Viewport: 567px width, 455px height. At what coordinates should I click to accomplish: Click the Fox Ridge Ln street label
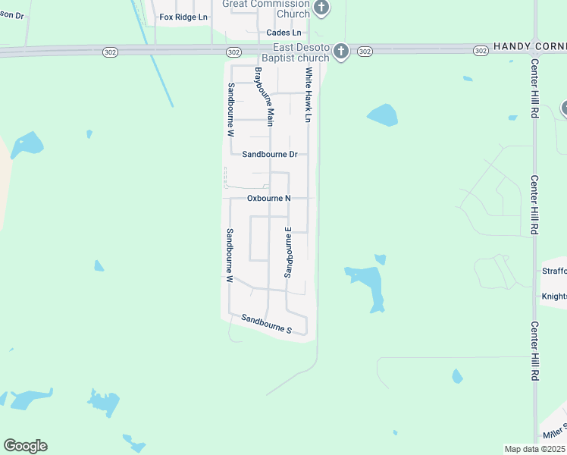click(x=183, y=17)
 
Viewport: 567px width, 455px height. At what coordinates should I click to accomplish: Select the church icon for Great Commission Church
click(x=321, y=8)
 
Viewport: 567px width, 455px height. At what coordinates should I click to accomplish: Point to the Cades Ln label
click(x=283, y=33)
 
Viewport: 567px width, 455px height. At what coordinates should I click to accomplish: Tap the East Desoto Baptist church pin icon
click(x=341, y=52)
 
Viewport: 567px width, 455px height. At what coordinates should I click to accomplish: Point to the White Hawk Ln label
click(x=309, y=95)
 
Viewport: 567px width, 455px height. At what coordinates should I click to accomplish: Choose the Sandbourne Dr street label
click(x=269, y=154)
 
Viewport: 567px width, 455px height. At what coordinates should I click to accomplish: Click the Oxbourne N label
click(x=269, y=198)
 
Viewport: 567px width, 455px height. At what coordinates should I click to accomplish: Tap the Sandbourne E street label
click(x=288, y=251)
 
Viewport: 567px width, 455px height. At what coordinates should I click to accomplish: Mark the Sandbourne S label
click(x=266, y=324)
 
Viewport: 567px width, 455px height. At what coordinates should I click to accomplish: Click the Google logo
click(x=25, y=446)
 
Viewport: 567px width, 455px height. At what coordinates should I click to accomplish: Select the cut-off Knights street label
click(x=554, y=296)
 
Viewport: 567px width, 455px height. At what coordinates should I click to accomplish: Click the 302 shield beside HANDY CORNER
click(x=480, y=50)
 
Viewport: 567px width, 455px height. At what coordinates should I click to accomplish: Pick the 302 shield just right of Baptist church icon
click(x=365, y=52)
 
